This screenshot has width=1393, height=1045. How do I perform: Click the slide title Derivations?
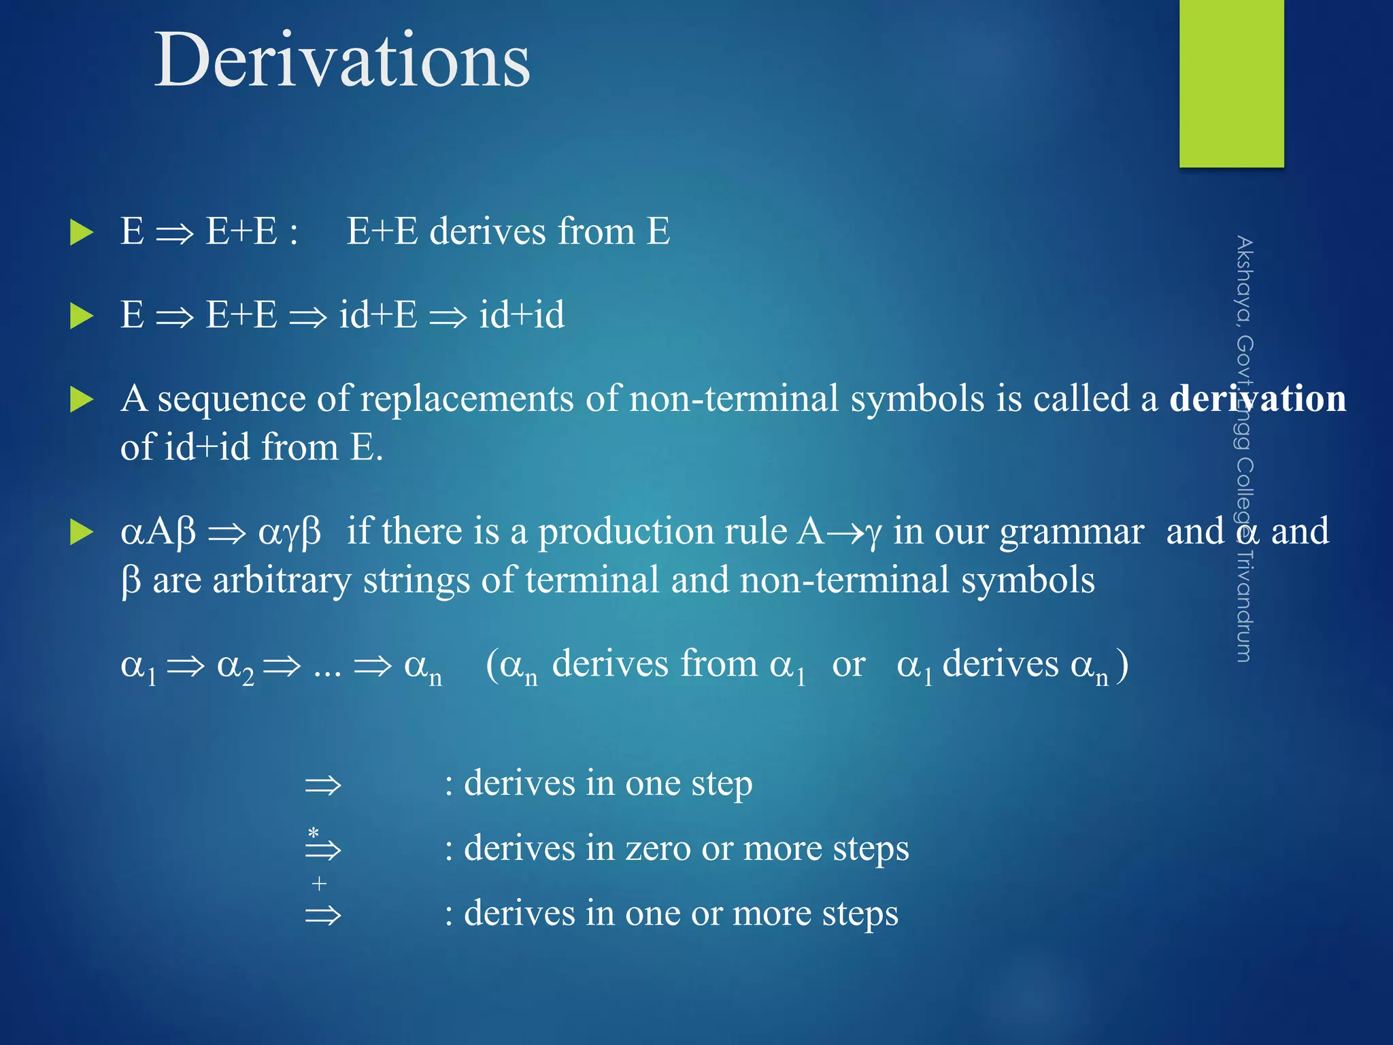click(342, 61)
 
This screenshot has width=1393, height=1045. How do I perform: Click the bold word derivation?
click(1257, 399)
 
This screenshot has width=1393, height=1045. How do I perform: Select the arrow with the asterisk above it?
click(322, 848)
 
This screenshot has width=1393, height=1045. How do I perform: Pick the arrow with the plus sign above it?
click(322, 914)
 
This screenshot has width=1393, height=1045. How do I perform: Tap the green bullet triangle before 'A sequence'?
click(82, 399)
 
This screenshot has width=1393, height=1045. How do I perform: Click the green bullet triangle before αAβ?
click(82, 532)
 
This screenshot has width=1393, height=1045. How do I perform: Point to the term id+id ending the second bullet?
click(522, 315)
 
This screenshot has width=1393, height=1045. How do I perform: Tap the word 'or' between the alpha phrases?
click(848, 664)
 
